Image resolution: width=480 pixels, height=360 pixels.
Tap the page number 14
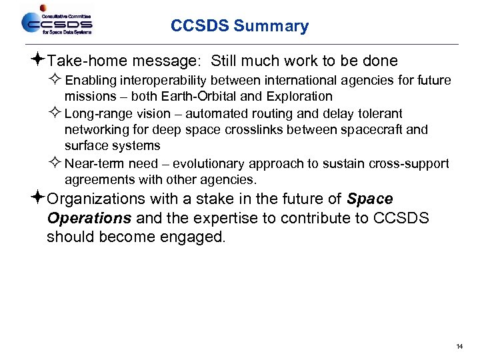pyautogui.click(x=459, y=347)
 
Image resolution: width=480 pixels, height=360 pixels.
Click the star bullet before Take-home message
pyautogui.click(x=39, y=61)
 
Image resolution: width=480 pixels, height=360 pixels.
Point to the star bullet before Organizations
pyautogui.click(x=39, y=199)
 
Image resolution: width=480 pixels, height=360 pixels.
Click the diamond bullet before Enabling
pyautogui.click(x=56, y=81)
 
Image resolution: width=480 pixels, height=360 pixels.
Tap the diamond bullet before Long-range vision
pyautogui.click(x=56, y=114)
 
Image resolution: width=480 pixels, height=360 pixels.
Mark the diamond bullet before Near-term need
pyautogui.click(x=56, y=164)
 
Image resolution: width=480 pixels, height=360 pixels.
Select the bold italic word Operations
pyautogui.click(x=89, y=219)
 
